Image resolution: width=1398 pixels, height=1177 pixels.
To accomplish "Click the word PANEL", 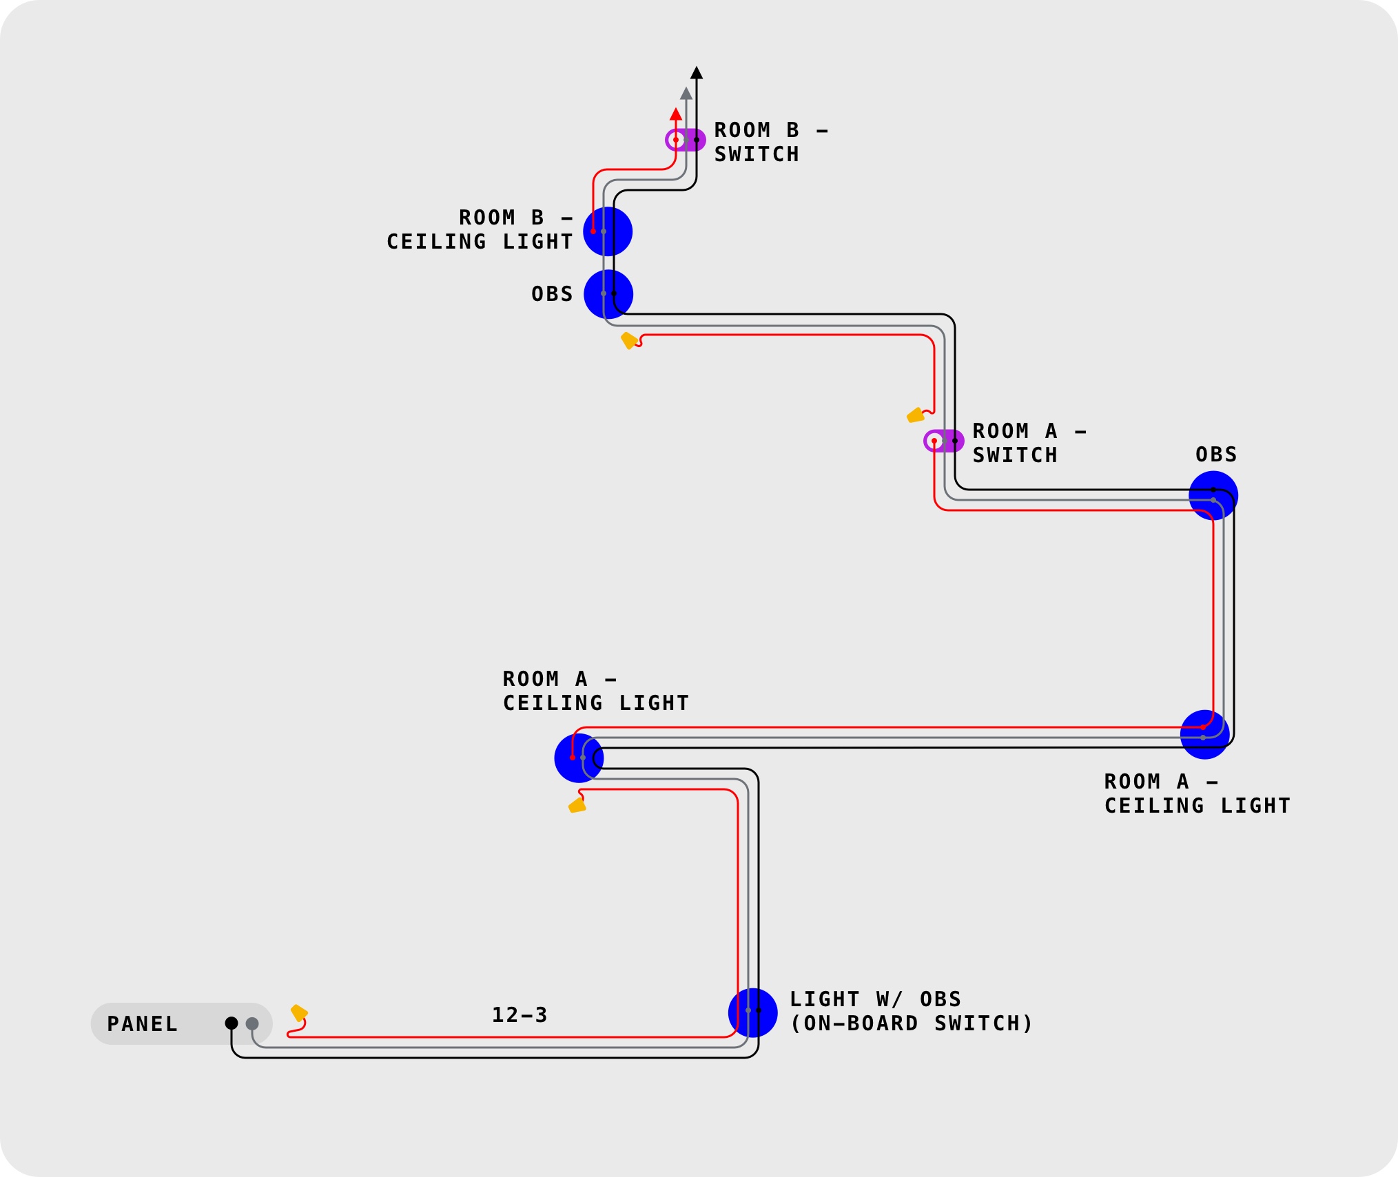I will (143, 1024).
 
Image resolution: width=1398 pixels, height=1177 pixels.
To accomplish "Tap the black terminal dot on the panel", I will (232, 1023).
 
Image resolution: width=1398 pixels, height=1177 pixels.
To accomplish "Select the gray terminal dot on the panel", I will (252, 1024).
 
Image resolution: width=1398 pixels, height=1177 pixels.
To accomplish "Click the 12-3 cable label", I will (520, 1015).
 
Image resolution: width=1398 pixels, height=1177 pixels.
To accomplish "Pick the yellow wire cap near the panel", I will (299, 1012).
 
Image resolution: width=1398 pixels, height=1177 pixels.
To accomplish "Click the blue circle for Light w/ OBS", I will (752, 1013).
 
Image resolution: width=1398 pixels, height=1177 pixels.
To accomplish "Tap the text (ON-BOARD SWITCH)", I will (911, 1023).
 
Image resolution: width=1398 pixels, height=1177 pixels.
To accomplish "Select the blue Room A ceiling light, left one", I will (579, 758).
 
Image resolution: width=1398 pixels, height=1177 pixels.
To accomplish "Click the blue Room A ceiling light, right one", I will (1204, 735).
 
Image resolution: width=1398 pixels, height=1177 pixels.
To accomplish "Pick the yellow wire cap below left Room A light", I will (577, 805).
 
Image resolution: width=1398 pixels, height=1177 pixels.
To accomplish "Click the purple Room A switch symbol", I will (944, 441).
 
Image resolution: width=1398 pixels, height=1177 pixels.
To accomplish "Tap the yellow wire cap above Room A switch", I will (915, 415).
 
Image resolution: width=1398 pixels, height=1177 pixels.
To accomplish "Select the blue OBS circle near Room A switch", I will (1213, 496).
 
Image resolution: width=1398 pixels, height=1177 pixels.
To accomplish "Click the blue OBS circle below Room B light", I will (608, 294).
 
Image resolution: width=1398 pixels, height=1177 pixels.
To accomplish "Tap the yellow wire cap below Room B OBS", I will (629, 340).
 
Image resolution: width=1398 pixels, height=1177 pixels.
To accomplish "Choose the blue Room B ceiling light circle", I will (608, 231).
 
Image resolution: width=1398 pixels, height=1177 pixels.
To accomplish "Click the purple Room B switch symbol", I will (686, 140).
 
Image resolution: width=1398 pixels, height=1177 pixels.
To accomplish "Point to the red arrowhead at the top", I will (676, 115).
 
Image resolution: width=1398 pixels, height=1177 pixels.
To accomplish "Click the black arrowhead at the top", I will (697, 73).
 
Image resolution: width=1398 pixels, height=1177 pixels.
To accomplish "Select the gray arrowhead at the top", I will (686, 94).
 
